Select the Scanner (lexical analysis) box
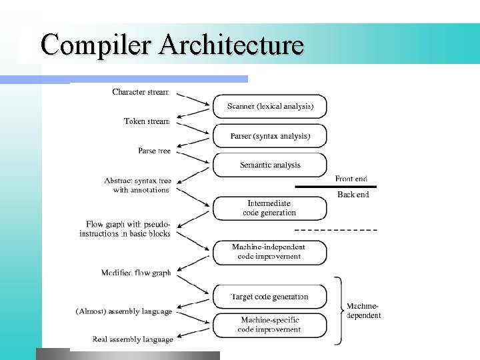[x=270, y=107]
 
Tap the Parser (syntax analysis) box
[x=270, y=136]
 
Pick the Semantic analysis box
[x=270, y=165]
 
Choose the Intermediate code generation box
[x=269, y=208]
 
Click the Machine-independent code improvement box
[x=269, y=252]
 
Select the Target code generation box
[x=269, y=297]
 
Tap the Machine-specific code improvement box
[x=269, y=325]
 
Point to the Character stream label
[x=141, y=92]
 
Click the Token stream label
[x=147, y=121]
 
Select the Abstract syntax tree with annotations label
[x=138, y=185]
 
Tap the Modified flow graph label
[x=136, y=273]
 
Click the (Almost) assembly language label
[x=124, y=311]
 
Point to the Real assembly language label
[x=133, y=339]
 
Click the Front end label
[x=351, y=179]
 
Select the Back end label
[x=353, y=195]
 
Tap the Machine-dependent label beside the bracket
[x=364, y=311]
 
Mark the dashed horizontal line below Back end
[x=335, y=229]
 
